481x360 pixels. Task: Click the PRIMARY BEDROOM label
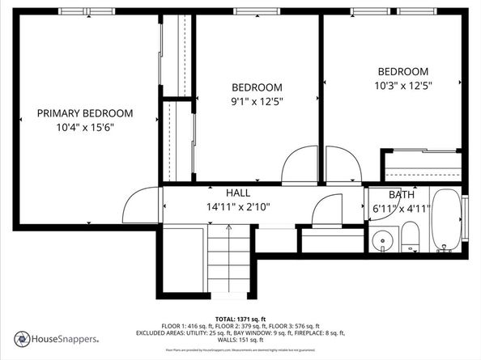click(85, 113)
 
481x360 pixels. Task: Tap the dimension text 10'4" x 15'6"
click(85, 127)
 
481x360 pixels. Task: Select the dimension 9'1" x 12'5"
click(257, 101)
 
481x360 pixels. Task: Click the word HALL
click(238, 193)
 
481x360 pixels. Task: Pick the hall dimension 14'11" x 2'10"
click(238, 206)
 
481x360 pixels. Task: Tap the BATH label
click(402, 195)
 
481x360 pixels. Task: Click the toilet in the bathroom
click(410, 238)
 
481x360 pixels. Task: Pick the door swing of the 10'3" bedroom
click(343, 165)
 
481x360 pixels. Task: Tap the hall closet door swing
click(328, 210)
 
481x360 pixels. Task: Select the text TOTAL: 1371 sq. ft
click(240, 318)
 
